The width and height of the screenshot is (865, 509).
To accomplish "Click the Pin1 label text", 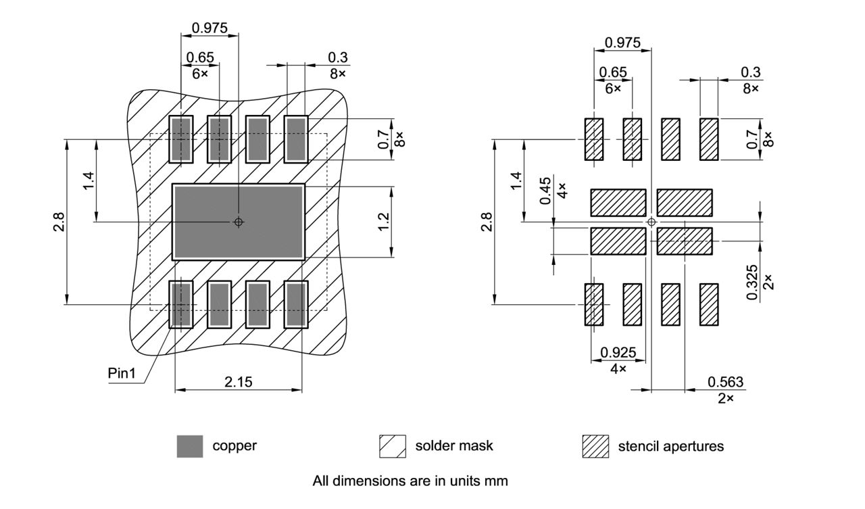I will coord(122,373).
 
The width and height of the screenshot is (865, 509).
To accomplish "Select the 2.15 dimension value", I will coord(238,382).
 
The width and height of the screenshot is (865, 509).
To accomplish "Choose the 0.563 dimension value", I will coord(725,382).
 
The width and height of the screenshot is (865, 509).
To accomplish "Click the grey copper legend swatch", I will coord(189,446).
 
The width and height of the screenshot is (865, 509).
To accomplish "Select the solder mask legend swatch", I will coord(392,446).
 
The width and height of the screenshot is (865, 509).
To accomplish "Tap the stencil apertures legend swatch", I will coord(595,446).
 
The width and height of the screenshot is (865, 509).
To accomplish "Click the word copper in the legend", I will coord(234,446).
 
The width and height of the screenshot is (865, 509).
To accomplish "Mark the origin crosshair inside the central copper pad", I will coord(238,222).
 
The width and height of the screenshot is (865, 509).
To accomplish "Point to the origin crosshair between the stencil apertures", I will coord(651,222).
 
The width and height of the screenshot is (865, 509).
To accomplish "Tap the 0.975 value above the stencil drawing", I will coord(622,43).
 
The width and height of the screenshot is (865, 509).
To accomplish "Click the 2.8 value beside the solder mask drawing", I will coord(59,222).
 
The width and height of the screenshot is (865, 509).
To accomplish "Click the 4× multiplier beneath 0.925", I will coord(618,369).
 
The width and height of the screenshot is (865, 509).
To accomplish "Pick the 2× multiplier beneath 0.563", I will coord(726,399).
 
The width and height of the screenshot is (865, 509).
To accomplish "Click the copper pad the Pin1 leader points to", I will coord(180,304).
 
